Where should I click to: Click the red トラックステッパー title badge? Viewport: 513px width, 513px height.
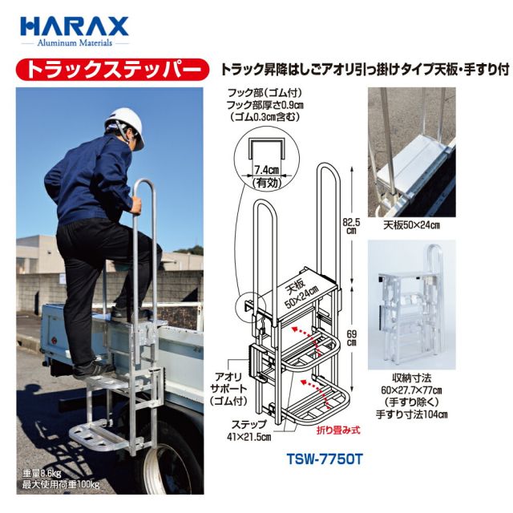(x=112, y=70)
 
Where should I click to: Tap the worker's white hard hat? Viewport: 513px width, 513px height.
(x=125, y=126)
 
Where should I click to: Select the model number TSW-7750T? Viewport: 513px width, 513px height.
(x=325, y=459)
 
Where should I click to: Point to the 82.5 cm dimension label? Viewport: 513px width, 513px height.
(x=351, y=226)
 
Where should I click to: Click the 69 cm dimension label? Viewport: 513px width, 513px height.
(x=352, y=338)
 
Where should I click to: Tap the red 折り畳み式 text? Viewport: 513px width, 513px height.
(x=338, y=430)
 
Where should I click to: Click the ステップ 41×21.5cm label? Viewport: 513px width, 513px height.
(x=248, y=430)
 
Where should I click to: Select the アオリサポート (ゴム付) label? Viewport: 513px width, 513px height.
(x=228, y=389)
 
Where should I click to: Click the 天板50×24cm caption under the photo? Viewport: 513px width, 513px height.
(x=411, y=225)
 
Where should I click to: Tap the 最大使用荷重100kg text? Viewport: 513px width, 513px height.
(x=61, y=484)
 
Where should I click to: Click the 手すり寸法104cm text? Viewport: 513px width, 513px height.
(x=411, y=414)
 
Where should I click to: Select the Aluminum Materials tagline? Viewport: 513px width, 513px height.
(x=75, y=42)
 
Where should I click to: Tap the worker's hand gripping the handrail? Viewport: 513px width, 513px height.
(x=137, y=206)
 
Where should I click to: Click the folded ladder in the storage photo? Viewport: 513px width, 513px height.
(x=411, y=305)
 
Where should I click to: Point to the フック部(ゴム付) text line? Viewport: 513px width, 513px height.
(x=265, y=93)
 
